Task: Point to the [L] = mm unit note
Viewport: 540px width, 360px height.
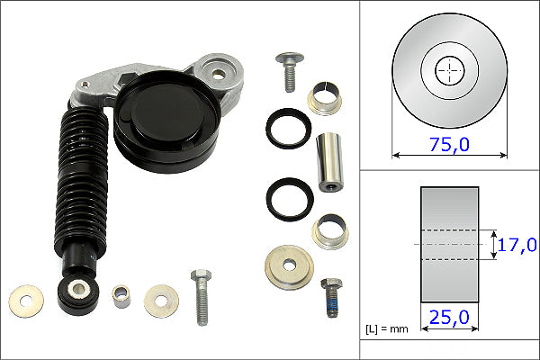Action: coord(387,329)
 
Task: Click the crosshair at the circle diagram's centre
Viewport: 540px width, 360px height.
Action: coord(449,70)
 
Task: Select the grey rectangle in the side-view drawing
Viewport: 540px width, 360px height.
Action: coord(449,243)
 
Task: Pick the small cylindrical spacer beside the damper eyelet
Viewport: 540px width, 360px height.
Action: coord(121,295)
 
